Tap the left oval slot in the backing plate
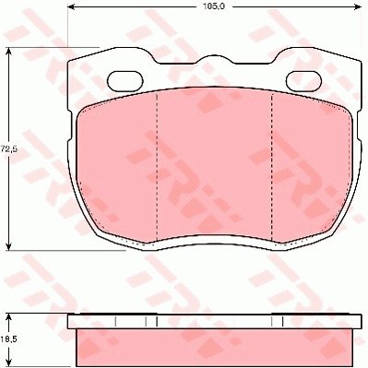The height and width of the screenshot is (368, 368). [125, 81]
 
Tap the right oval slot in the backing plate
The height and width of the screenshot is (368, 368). [303, 81]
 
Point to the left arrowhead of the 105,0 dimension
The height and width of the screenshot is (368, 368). [71, 6]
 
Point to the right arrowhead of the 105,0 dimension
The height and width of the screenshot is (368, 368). [357, 6]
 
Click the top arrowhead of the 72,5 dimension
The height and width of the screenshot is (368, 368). [9, 52]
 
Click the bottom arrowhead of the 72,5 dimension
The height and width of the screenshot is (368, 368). [9, 245]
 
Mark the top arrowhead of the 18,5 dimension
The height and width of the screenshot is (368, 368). [9, 318]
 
